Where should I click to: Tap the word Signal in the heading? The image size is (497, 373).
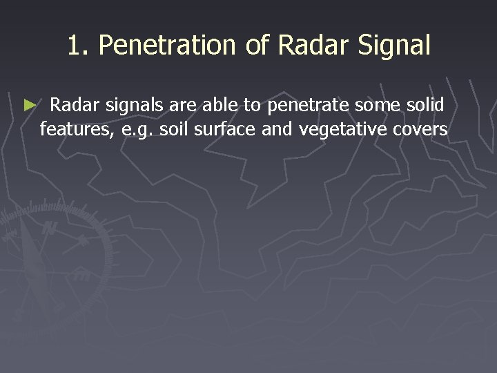click(x=394, y=46)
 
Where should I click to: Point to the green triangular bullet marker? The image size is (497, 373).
click(x=28, y=106)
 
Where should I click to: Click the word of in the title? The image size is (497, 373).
click(x=253, y=46)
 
